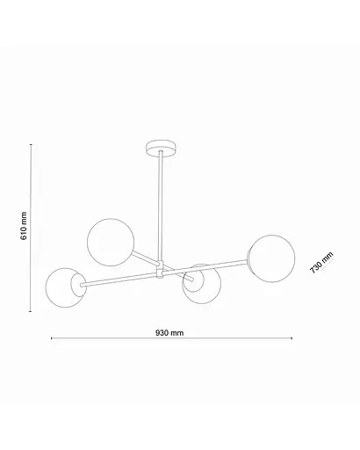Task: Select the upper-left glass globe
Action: (112, 237)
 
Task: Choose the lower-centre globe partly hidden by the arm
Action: (201, 284)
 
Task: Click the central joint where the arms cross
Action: (160, 270)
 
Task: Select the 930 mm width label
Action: (169, 333)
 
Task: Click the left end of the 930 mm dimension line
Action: (50, 339)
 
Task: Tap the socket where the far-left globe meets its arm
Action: (82, 284)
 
